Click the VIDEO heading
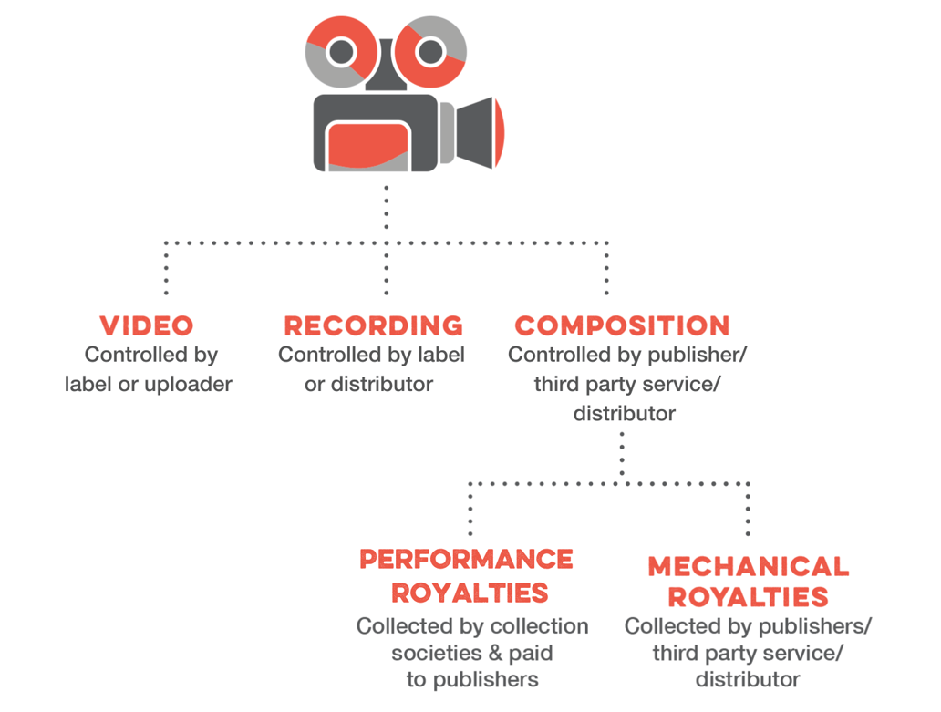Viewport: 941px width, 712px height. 147,325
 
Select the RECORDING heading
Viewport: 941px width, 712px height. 373,325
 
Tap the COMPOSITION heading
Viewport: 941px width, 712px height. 622,325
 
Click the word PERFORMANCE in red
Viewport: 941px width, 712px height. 466,559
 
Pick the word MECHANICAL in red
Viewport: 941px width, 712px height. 748,566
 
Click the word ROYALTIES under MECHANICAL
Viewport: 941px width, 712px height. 748,598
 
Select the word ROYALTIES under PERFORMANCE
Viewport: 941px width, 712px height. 470,593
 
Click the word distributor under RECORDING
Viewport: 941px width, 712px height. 381,384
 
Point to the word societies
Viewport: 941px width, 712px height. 431,653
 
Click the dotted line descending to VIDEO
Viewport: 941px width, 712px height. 166,270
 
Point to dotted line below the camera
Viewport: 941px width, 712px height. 387,214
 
